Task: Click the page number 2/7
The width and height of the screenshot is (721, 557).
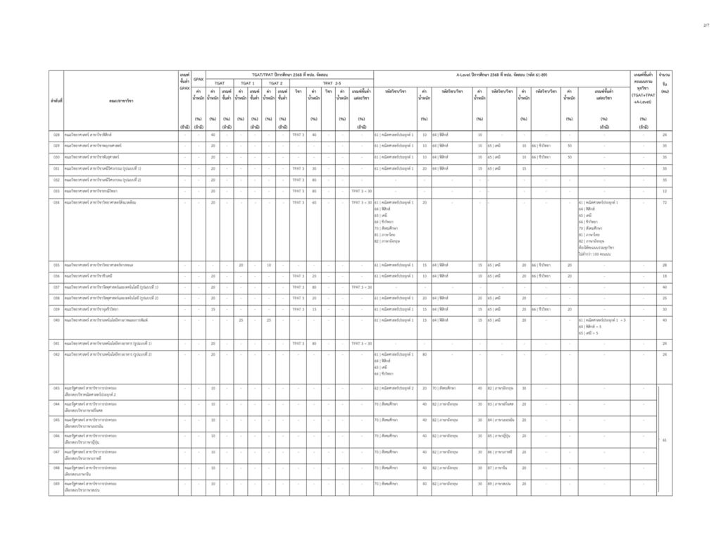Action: pos(706,26)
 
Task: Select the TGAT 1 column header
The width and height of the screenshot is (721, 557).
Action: pos(248,83)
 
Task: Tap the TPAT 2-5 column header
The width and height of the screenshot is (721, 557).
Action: pos(332,83)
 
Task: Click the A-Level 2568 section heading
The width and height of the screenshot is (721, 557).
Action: pos(501,75)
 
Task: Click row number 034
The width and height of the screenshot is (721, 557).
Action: pos(56,202)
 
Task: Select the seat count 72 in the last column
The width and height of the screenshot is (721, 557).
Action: pos(664,202)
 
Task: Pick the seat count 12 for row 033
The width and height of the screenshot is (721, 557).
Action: pos(664,191)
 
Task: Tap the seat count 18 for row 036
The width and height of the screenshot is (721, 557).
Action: pos(664,276)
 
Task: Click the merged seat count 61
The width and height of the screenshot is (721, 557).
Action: pos(664,439)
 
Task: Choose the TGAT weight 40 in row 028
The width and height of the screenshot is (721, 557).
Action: pos(213,134)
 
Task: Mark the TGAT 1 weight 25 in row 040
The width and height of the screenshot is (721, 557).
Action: pos(241,320)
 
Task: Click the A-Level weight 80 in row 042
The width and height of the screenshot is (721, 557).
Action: pos(424,354)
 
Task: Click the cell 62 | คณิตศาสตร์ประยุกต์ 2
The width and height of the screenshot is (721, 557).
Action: pos(394,388)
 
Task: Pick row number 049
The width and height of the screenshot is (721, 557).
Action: pos(56,484)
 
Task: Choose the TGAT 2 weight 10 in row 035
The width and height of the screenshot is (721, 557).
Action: pos(269,265)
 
